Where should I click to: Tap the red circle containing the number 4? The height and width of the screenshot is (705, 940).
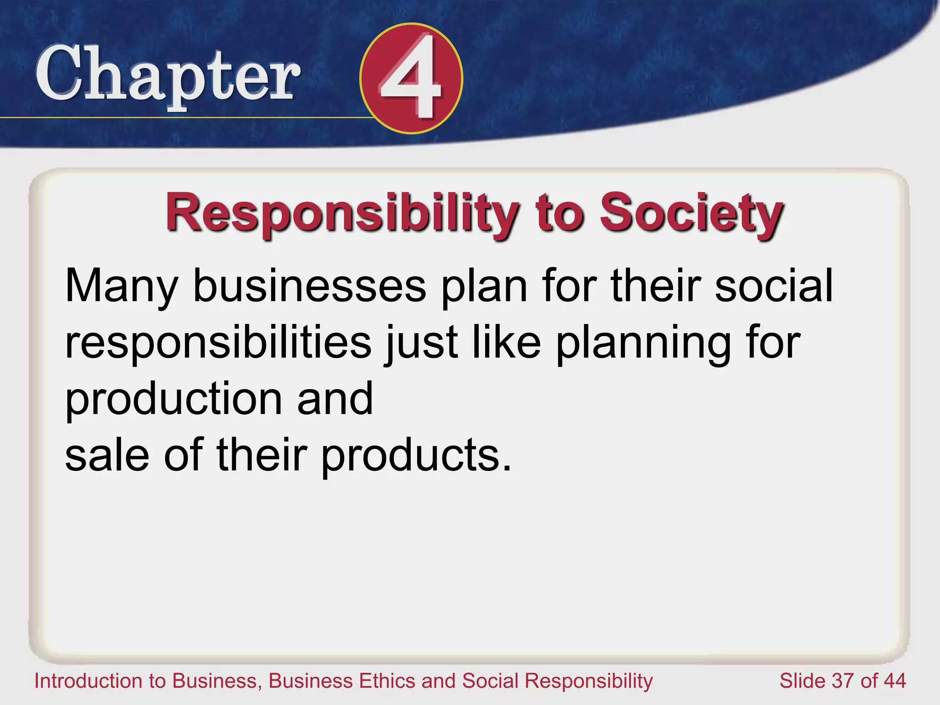point(411,78)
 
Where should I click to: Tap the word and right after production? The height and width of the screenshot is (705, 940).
point(335,399)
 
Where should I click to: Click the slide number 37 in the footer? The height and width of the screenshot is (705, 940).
point(844,681)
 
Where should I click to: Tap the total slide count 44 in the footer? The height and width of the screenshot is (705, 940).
point(894,681)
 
